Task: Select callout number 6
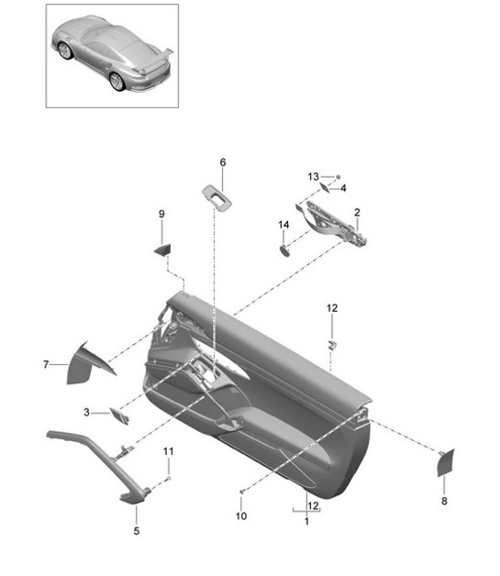pyautogui.click(x=222, y=162)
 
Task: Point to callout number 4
pyautogui.click(x=343, y=188)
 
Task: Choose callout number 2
pyautogui.click(x=357, y=213)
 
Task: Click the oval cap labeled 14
pyautogui.click(x=284, y=249)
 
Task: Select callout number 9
pyautogui.click(x=161, y=215)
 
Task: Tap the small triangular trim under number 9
pyautogui.click(x=162, y=249)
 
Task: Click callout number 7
pyautogui.click(x=44, y=365)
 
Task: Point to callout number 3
pyautogui.click(x=88, y=413)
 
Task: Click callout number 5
pyautogui.click(x=137, y=531)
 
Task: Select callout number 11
pyautogui.click(x=168, y=451)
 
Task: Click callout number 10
pyautogui.click(x=241, y=516)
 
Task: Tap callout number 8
pyautogui.click(x=444, y=502)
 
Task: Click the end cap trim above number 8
pyautogui.click(x=445, y=464)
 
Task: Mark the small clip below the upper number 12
pyautogui.click(x=332, y=345)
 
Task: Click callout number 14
pyautogui.click(x=283, y=225)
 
